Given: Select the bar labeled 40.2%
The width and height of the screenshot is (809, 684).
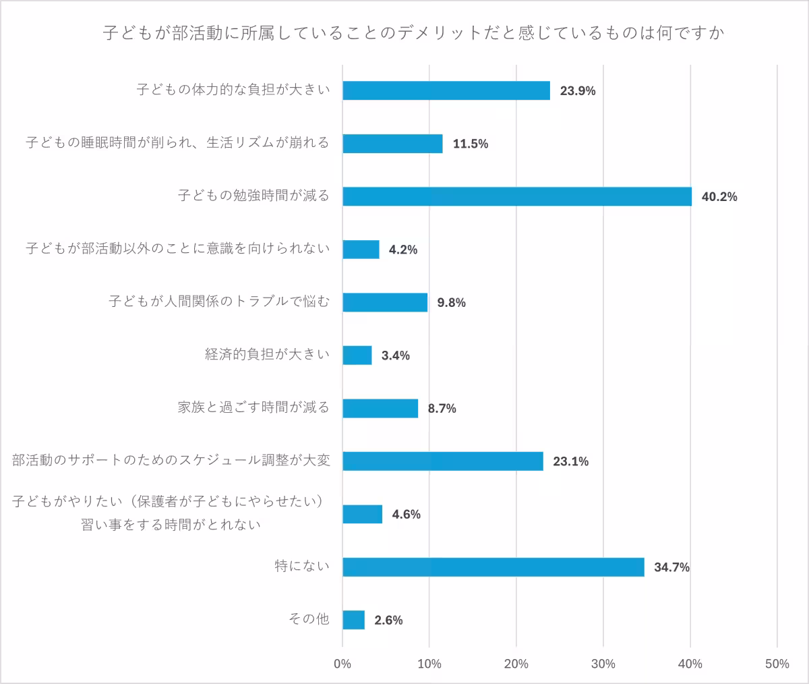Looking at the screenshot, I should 517,196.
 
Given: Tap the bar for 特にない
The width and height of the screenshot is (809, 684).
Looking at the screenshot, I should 493,567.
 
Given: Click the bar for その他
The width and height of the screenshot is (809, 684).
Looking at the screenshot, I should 354,620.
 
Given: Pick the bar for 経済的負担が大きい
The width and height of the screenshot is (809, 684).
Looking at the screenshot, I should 357,355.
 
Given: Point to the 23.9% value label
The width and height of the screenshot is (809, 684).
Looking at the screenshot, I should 578,91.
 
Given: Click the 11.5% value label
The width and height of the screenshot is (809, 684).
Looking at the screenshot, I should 470,144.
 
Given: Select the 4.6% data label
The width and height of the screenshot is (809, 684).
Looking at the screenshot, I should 406,515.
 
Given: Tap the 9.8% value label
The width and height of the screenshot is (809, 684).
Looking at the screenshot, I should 451,303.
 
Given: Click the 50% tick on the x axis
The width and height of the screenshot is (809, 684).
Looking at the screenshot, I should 777,664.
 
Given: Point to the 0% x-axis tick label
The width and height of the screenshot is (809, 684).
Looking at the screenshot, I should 342,664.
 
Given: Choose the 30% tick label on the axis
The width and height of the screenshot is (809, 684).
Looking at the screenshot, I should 603,664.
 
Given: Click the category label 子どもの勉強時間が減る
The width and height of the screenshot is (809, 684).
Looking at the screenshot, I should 253,196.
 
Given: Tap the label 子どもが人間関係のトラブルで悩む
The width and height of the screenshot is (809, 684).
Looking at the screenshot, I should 220,302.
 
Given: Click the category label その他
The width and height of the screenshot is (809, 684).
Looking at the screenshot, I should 309,619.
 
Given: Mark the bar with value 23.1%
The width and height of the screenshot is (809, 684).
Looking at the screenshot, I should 443,461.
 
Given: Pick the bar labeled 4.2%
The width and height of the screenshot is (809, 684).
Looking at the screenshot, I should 361,250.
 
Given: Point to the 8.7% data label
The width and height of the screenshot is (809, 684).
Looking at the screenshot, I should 442,408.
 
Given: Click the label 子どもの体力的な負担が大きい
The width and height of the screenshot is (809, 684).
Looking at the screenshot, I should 233,90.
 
